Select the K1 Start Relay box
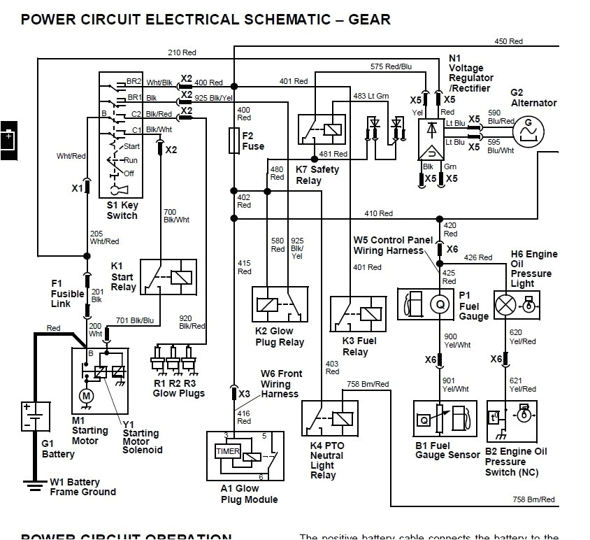click(x=168, y=277)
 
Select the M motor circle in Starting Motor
click(x=87, y=397)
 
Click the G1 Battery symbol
click(x=31, y=416)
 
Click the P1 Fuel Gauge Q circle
click(x=441, y=303)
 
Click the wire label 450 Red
click(x=509, y=41)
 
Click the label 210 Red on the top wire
click(x=182, y=52)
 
